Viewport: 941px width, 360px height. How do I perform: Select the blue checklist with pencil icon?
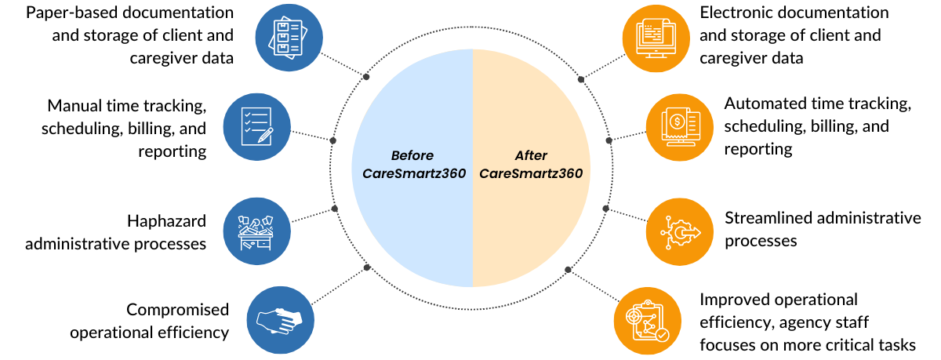coord(256,126)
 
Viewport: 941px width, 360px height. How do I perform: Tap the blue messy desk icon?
coord(256,231)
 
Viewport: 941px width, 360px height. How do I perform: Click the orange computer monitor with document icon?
coord(656,37)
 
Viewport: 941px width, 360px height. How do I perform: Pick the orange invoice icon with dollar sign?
coord(679,128)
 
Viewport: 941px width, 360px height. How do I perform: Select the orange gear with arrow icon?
coord(679,231)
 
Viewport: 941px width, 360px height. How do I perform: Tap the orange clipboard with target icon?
coord(648,322)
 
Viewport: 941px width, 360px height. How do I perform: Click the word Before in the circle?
coord(412,155)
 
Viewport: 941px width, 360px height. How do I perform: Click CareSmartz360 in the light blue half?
coord(412,174)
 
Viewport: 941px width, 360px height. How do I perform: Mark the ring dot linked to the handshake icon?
coord(367,267)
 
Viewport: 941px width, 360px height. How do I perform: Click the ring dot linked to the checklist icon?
coord(333,141)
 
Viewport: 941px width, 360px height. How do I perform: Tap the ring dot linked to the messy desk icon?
coord(335,209)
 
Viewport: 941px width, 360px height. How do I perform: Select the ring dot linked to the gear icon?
coord(605,209)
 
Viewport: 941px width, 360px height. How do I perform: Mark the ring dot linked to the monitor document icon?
coord(581,78)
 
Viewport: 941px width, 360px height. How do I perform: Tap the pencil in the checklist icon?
coord(265,135)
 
